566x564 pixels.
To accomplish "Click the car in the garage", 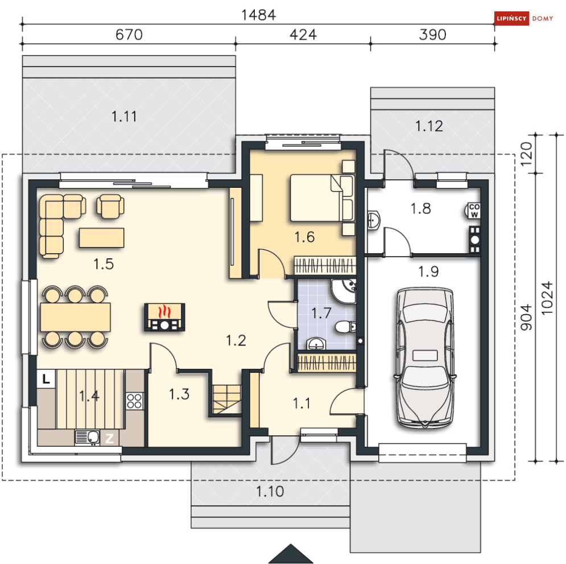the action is [x=425, y=357].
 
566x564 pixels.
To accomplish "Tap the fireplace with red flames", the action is [x=164, y=316].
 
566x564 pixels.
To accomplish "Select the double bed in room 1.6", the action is [x=323, y=198].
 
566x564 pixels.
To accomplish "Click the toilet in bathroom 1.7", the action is [x=345, y=327].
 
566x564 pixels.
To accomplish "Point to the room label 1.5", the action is [x=104, y=264].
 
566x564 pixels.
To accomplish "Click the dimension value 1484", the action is [x=258, y=15].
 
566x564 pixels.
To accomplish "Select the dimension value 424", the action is [x=303, y=35].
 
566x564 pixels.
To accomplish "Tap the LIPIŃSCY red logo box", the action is [x=511, y=18].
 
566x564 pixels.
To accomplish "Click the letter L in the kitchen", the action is [x=46, y=379].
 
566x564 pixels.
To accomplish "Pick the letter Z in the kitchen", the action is [x=109, y=438].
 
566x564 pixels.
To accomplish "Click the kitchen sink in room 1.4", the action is [x=88, y=437].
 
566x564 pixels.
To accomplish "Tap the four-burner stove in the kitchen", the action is [x=134, y=401].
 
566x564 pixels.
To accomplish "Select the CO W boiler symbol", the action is [x=473, y=211].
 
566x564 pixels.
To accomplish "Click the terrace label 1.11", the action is [x=124, y=117].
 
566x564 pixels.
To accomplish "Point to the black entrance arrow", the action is [x=291, y=554].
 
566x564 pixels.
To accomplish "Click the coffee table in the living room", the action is [x=101, y=237].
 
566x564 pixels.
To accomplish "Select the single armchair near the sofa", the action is [x=110, y=206].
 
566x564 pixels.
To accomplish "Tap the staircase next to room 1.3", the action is [x=227, y=400].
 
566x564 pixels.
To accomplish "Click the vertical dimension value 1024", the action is [x=547, y=298].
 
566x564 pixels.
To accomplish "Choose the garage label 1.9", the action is [x=428, y=271].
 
